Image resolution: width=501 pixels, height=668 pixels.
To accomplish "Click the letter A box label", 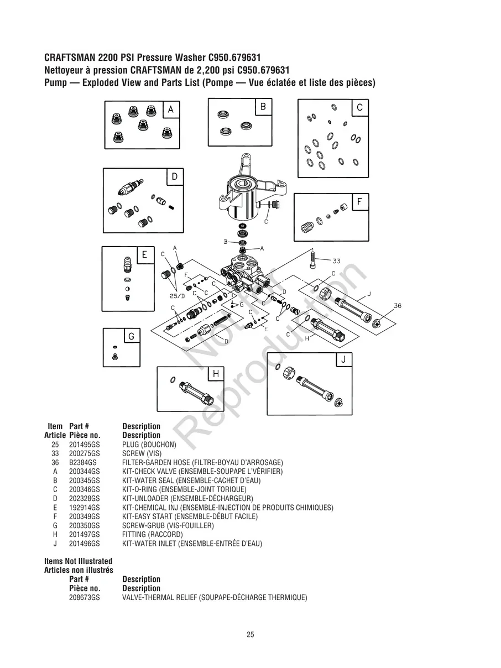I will click(x=171, y=110).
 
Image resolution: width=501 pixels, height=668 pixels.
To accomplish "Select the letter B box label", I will click(x=263, y=106).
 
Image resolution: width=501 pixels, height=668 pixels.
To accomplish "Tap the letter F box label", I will click(x=360, y=202).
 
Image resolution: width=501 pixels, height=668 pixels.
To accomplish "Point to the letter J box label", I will click(x=343, y=359).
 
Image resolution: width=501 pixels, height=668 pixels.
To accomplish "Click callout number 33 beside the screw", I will click(x=336, y=260).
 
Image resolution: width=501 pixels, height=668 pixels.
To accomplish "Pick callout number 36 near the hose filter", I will click(x=398, y=305).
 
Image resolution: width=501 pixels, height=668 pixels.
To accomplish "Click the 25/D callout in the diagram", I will click(x=176, y=296).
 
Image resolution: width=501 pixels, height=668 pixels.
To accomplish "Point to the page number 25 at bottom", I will click(x=251, y=635).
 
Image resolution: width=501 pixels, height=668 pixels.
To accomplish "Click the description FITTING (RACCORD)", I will click(x=152, y=535).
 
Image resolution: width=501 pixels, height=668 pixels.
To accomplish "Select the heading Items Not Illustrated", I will click(x=78, y=561).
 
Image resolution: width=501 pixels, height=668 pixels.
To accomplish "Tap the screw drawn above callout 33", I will click(x=314, y=259).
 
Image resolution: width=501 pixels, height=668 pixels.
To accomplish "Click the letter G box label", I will click(x=131, y=336).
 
